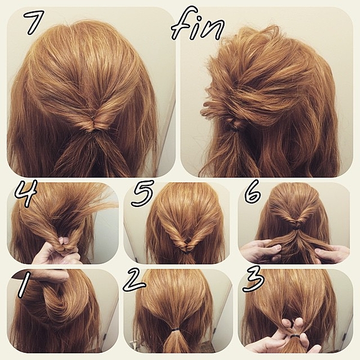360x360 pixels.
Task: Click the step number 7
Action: (34, 23)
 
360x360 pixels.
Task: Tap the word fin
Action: (198, 25)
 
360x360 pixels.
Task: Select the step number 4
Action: (26, 193)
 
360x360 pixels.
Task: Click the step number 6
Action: (253, 192)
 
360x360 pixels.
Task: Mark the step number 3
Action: (253, 280)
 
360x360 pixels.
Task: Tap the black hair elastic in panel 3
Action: (295, 337)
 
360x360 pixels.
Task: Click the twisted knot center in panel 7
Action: (93, 125)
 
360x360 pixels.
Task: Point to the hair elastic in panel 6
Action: (296, 227)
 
